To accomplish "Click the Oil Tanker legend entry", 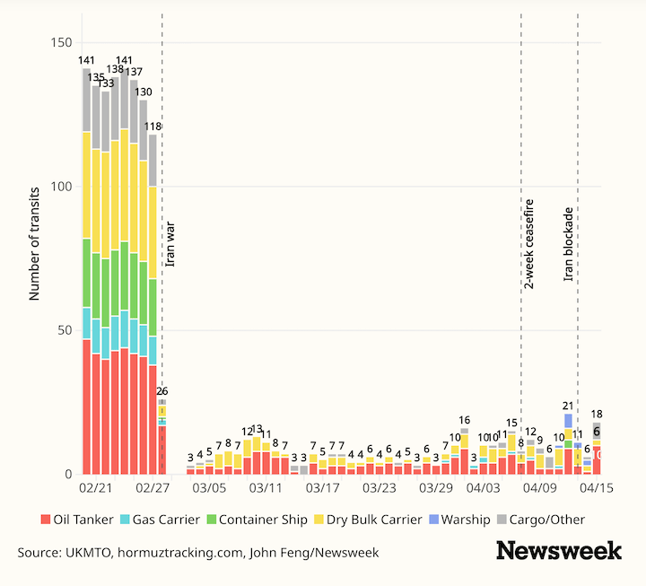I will [80, 520].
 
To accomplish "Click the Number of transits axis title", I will [35, 243].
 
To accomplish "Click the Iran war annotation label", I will [170, 242].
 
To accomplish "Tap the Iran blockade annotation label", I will [569, 244].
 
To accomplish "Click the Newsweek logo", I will [559, 550].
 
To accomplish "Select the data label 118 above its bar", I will [153, 127].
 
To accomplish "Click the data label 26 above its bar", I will [162, 390].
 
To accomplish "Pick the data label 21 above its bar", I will [568, 406].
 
